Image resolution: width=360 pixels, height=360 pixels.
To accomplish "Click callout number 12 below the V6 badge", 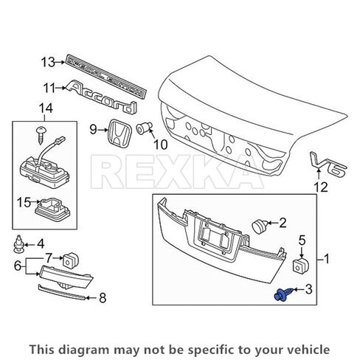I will coord(320,188).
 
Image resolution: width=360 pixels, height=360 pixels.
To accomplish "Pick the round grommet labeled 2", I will coord(259,222).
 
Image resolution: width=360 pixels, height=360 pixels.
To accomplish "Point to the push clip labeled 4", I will coord(20,243).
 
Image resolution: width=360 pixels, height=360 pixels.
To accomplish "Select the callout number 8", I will coord(103,297).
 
